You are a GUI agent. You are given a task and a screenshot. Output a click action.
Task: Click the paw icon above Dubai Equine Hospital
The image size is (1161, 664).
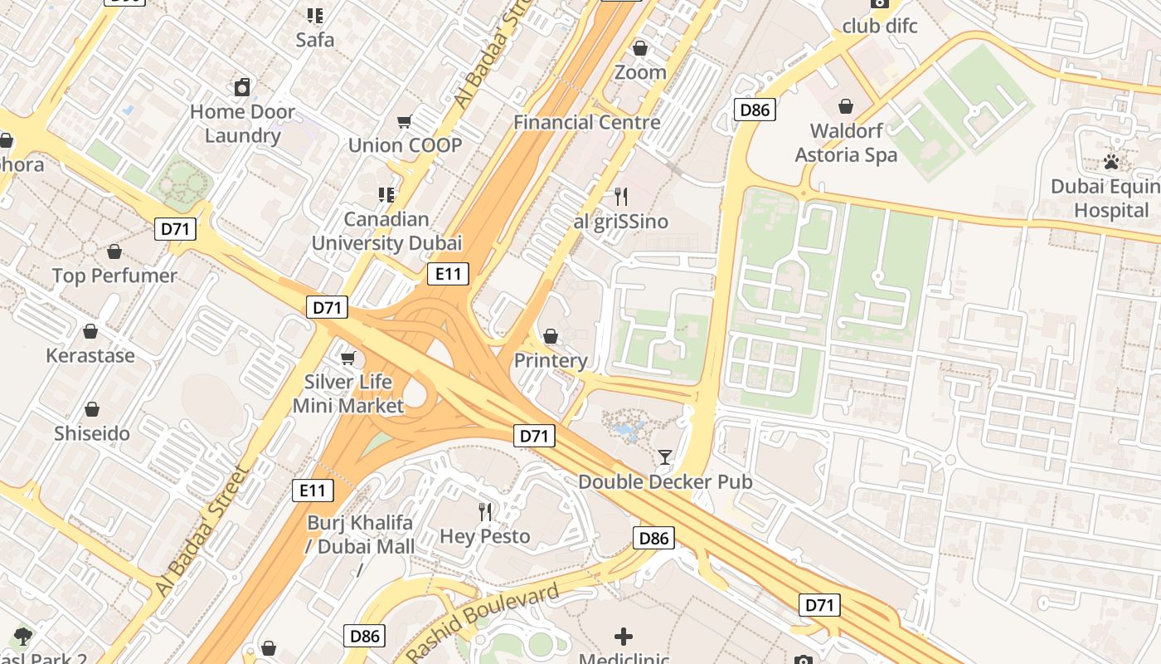1111,161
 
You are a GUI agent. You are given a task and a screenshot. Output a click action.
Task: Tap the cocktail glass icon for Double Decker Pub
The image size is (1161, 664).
665,456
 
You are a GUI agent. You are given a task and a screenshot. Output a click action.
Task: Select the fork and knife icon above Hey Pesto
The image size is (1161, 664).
485,511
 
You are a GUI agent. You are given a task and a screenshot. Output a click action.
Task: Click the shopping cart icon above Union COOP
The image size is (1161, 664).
405,122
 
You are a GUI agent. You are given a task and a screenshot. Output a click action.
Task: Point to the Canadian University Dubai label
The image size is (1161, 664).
386,232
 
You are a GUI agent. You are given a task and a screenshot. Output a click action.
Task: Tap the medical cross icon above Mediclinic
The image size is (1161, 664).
624,637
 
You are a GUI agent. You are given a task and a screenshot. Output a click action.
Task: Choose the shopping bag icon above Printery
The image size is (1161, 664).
550,336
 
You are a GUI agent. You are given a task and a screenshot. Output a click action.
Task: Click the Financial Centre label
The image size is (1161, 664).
587,122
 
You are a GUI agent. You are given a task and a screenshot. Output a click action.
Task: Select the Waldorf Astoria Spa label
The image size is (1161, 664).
846,143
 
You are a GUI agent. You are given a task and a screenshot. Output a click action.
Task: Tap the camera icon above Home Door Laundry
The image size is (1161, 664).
242,86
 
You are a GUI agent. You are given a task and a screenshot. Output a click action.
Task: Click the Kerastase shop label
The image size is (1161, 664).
90,355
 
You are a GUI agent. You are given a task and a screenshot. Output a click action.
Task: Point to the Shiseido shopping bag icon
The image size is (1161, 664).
92,409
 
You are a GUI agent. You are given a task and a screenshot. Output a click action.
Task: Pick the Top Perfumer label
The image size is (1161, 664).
114,276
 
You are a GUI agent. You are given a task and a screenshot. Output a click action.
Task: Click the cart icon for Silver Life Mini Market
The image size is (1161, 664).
347,358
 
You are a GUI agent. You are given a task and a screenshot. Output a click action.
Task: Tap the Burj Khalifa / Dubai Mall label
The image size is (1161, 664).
360,535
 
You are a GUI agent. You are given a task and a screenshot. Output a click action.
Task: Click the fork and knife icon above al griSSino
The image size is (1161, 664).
620,197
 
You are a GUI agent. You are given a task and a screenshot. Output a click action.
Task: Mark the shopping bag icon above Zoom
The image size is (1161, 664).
639,48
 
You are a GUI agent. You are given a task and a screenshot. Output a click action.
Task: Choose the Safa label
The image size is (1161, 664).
315,39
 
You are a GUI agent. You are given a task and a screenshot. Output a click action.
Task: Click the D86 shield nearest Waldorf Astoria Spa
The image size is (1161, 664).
755,110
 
